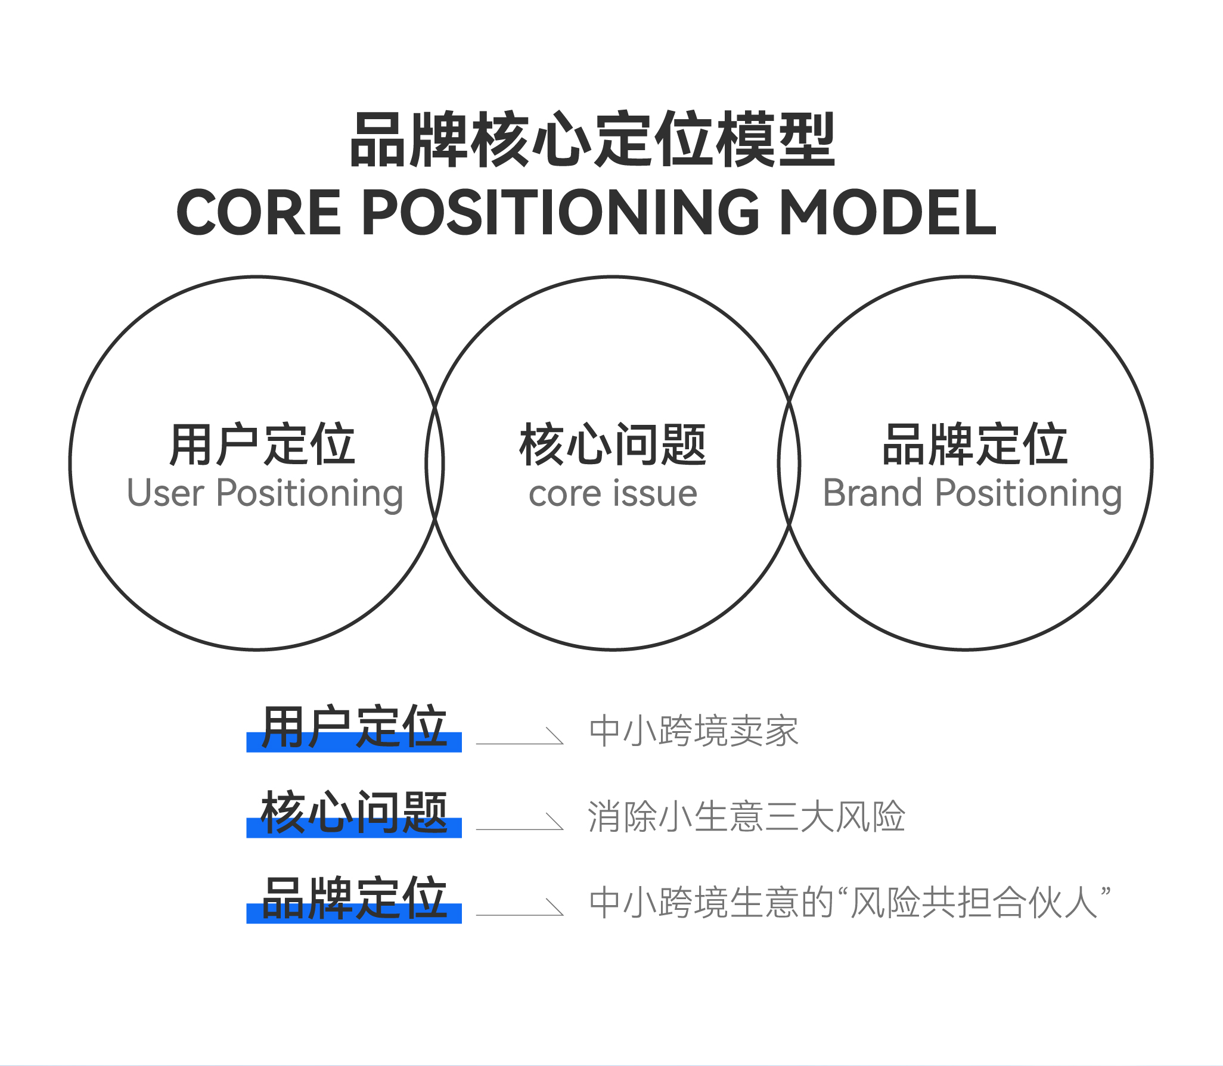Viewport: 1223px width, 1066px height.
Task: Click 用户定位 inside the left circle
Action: (x=262, y=444)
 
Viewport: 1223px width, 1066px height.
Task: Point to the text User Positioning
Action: (x=265, y=495)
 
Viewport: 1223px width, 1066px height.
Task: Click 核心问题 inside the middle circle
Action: (x=613, y=445)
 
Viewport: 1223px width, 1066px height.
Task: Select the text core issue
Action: (x=613, y=495)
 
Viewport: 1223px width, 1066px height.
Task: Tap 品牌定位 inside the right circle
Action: (x=974, y=445)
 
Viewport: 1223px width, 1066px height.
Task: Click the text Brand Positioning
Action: (x=972, y=495)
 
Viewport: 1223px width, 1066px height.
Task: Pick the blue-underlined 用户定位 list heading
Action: (x=354, y=728)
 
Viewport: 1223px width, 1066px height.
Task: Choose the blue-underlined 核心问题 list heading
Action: (x=354, y=813)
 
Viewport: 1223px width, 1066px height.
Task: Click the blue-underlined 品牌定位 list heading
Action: (x=354, y=899)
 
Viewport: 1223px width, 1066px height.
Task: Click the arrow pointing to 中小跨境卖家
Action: (x=520, y=738)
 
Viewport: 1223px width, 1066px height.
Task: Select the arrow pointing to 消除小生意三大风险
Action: (x=520, y=823)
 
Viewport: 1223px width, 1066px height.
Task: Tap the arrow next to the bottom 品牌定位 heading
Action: (x=520, y=909)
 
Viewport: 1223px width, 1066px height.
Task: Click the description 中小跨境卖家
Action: (x=694, y=731)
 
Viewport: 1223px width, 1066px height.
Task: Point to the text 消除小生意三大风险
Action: (x=746, y=817)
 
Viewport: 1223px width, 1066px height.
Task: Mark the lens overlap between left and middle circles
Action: (x=435, y=463)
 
